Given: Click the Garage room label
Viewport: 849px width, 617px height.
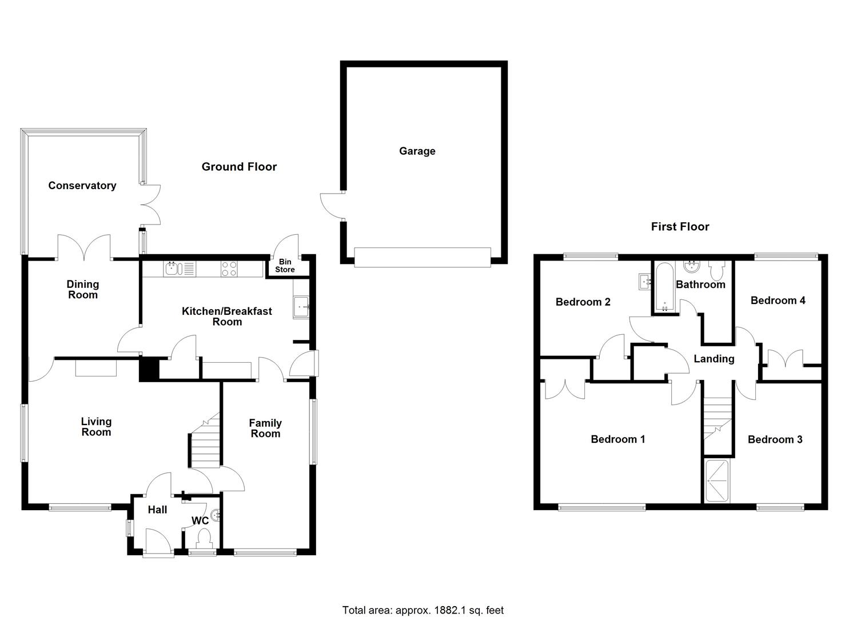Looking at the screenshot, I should click(x=417, y=151).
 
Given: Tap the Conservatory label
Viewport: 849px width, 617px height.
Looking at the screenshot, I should click(x=82, y=186).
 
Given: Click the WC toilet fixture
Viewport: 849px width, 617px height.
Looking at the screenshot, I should click(x=204, y=537).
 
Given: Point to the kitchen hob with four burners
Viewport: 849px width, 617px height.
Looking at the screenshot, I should click(x=229, y=269).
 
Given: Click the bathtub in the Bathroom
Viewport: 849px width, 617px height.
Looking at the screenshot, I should click(x=664, y=287).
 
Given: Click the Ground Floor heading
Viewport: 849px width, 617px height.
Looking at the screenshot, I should click(x=239, y=167).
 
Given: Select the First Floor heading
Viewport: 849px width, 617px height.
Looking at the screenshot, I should click(x=680, y=227).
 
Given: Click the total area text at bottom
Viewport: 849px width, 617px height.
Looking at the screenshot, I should click(x=423, y=610).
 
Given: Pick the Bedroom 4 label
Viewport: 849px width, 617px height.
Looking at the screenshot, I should click(x=778, y=301).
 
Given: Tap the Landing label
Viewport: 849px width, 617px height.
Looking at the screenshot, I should click(x=714, y=359).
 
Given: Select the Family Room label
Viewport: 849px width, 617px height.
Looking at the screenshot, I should click(x=265, y=428).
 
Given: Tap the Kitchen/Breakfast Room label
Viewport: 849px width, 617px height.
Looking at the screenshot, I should click(x=227, y=316).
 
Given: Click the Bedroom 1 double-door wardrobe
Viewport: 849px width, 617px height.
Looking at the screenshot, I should click(x=565, y=389).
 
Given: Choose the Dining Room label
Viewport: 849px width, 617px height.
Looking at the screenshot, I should click(x=83, y=290).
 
